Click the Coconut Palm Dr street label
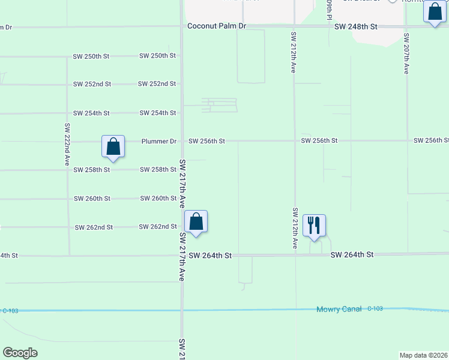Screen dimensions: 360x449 pos(217,26)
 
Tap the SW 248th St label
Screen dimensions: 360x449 pos(355,26)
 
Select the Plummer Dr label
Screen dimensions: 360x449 pos(159,142)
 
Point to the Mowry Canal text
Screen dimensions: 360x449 pos(339,309)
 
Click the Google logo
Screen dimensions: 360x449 pos(20,353)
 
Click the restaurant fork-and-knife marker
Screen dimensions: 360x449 pos(314,226)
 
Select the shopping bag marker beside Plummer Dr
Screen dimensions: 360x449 pos(113,146)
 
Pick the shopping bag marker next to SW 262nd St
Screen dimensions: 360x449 pos(196,221)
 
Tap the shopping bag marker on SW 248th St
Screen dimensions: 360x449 pos(435,11)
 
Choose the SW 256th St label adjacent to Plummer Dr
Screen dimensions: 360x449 pos(206,142)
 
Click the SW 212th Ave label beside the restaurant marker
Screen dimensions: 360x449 pos(295,228)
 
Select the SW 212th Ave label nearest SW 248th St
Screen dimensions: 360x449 pos(294,52)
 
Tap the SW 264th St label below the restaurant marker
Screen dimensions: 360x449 pos(352,255)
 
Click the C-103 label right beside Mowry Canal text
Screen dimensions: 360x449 pos(375,309)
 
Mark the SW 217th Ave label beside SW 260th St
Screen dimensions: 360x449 pos(182,184)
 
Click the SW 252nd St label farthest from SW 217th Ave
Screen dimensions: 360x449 pos(92,84)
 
